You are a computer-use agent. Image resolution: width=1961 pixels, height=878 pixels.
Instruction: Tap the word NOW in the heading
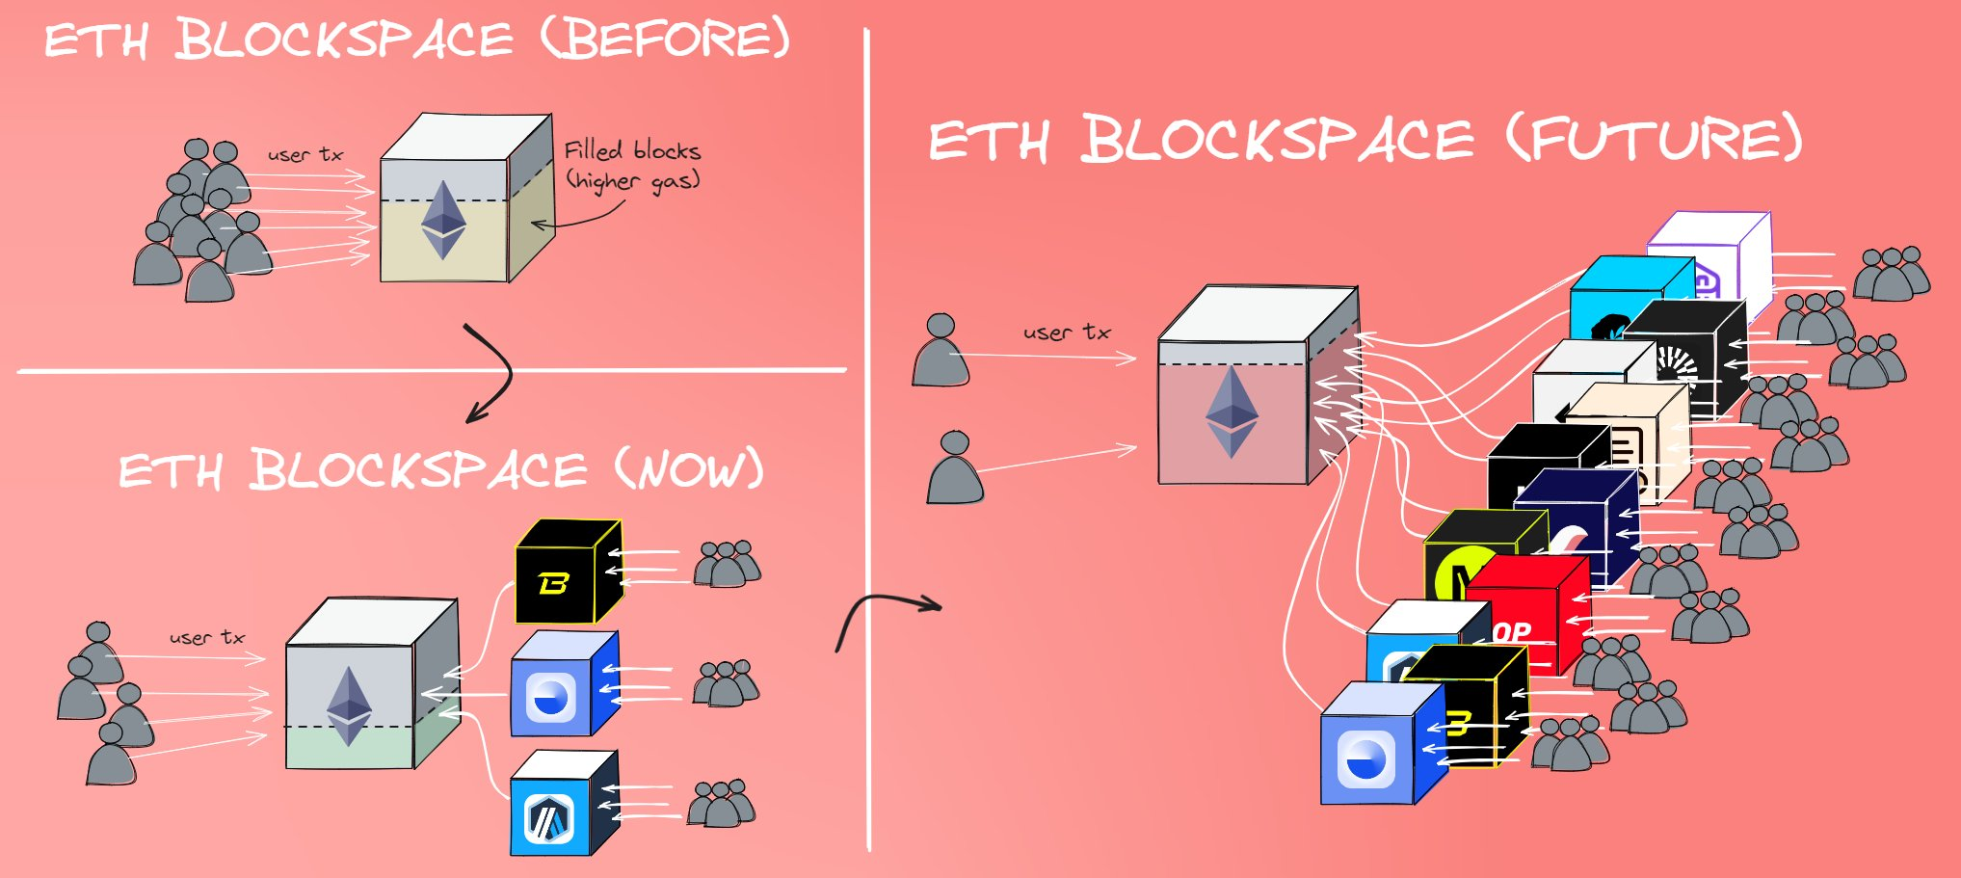[x=690, y=471]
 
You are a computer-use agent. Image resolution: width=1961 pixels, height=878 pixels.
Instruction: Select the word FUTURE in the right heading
[x=1654, y=140]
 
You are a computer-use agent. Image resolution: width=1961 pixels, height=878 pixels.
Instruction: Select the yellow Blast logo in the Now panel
[x=553, y=583]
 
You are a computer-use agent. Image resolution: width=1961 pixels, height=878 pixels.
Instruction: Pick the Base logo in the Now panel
[x=551, y=697]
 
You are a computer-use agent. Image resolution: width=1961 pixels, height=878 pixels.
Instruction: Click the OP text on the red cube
[x=1512, y=632]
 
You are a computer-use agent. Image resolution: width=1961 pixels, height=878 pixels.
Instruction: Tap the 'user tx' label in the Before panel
[x=305, y=154]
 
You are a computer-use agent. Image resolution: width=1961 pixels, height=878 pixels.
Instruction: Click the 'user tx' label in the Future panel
[x=1067, y=333]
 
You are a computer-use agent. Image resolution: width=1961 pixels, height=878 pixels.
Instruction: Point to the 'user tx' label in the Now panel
[x=207, y=637]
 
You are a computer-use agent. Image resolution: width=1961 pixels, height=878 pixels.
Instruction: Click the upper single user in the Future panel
[x=941, y=351]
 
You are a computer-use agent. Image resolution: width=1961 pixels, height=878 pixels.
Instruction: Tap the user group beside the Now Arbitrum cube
[x=721, y=804]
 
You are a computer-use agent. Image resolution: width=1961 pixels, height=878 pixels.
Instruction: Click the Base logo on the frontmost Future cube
[x=1366, y=758]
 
